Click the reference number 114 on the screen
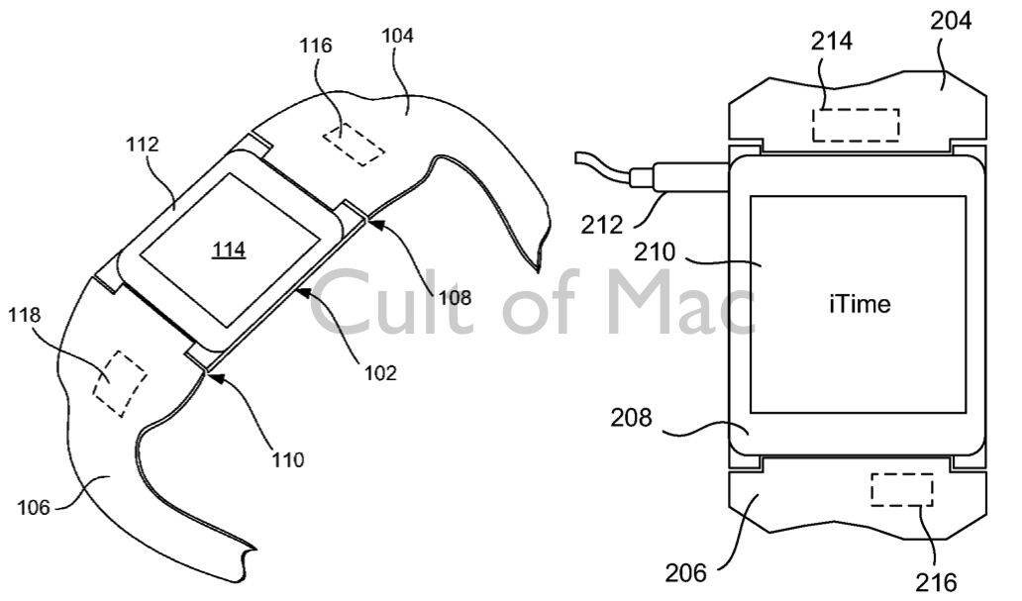click(229, 249)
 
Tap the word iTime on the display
click(860, 304)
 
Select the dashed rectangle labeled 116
click(354, 144)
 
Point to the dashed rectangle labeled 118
click(120, 383)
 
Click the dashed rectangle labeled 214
click(856, 125)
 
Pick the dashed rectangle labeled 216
click(902, 489)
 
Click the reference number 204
click(951, 21)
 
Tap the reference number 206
click(685, 572)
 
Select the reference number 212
click(601, 225)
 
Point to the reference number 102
click(380, 373)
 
